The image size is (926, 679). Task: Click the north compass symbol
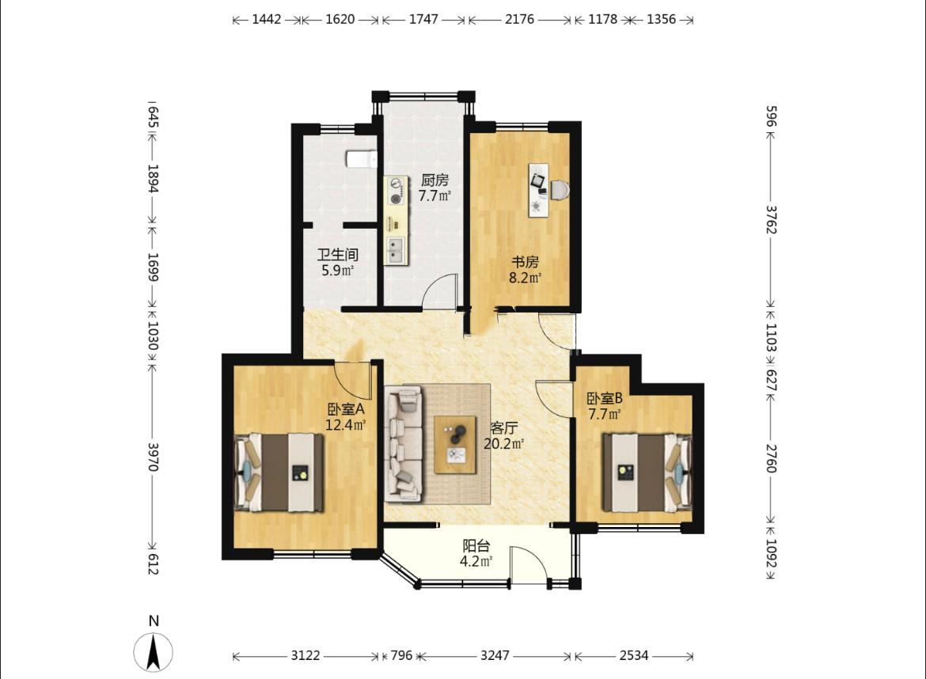(x=153, y=651)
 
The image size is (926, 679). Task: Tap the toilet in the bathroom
(x=362, y=159)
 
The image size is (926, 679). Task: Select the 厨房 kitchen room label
(x=434, y=180)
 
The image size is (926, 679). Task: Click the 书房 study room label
(x=525, y=262)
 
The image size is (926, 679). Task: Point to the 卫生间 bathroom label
(x=338, y=255)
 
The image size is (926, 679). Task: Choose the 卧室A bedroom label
(x=346, y=409)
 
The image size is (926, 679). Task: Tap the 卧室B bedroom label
(x=604, y=399)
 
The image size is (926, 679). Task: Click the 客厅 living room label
(x=503, y=428)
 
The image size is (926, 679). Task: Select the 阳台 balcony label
(x=476, y=545)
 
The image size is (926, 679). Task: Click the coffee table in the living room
(x=455, y=445)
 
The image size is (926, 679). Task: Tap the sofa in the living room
(x=404, y=444)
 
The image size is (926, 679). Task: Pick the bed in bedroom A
(x=279, y=472)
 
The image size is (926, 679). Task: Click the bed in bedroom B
(x=647, y=472)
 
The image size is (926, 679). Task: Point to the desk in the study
(x=538, y=190)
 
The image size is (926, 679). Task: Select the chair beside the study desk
(x=560, y=189)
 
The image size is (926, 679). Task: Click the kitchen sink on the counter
(x=396, y=250)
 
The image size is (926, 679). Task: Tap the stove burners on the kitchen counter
(x=397, y=191)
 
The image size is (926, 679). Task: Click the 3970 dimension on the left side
(x=153, y=457)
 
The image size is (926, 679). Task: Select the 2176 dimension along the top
(x=520, y=20)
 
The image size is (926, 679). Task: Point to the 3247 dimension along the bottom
(x=495, y=655)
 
